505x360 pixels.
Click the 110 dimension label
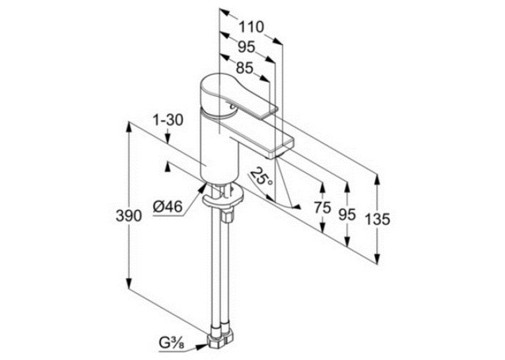coord(251,27)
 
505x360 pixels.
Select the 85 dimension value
coord(244,68)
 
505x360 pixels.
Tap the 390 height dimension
coord(129,215)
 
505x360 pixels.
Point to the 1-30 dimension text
coord(168,120)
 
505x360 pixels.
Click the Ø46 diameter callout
coord(168,206)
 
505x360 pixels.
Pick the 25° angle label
coord(261,177)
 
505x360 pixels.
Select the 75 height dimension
coord(322,207)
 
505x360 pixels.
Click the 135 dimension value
coord(378,219)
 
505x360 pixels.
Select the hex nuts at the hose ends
coord(221,339)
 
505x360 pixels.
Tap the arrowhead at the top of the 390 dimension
coord(129,127)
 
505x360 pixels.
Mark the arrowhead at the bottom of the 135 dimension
coord(377,258)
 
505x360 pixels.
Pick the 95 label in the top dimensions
coord(246,48)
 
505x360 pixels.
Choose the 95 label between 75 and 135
coord(347,214)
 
